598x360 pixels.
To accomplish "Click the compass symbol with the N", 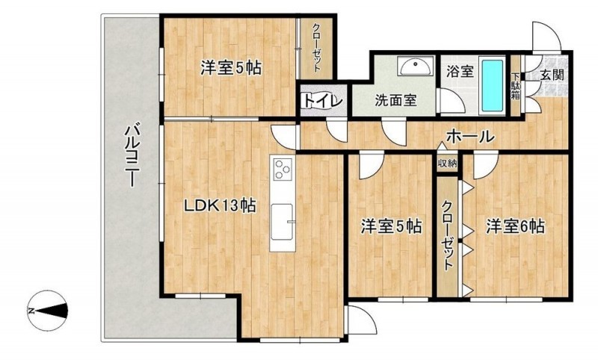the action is click(x=48, y=311).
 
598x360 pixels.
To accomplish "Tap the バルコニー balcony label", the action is click(x=132, y=155).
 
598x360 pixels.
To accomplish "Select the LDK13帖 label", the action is click(x=220, y=206).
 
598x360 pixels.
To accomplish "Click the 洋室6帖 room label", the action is click(x=515, y=226).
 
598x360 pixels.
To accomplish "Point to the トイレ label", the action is click(x=324, y=102).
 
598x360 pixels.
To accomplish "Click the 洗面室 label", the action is click(x=395, y=101).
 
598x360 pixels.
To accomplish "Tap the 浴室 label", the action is click(x=460, y=72).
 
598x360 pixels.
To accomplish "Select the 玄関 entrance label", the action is click(x=552, y=75).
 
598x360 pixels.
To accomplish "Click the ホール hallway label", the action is click(x=470, y=136).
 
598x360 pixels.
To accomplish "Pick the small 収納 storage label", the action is click(x=447, y=164).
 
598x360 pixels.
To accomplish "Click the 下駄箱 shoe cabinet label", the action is click(x=515, y=86).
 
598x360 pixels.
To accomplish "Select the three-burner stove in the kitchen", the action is click(x=283, y=169).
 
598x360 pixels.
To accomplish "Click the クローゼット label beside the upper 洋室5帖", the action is click(x=316, y=48).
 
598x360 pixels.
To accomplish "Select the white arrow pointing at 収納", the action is click(x=441, y=146).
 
